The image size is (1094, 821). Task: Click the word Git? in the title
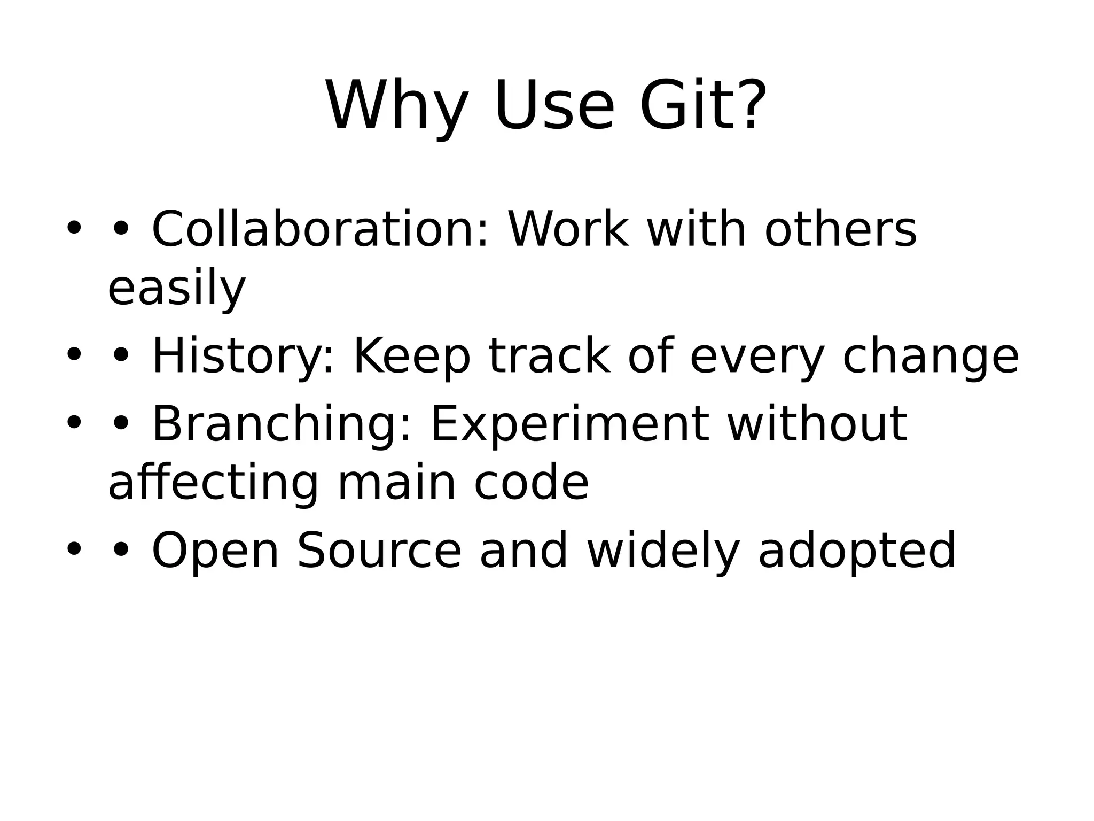(703, 105)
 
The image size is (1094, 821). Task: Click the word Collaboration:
(321, 230)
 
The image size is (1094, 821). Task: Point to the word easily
(176, 289)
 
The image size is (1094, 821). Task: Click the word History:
(243, 357)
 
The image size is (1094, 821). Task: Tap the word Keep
(412, 357)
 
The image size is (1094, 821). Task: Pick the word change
(931, 357)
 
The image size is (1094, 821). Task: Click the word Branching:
(283, 424)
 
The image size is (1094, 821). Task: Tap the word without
(817, 424)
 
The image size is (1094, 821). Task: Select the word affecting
(213, 483)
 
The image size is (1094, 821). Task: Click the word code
(532, 483)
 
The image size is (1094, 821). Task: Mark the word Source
(379, 551)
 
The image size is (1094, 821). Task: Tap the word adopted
(857, 551)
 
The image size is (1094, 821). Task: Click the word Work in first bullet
(568, 230)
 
